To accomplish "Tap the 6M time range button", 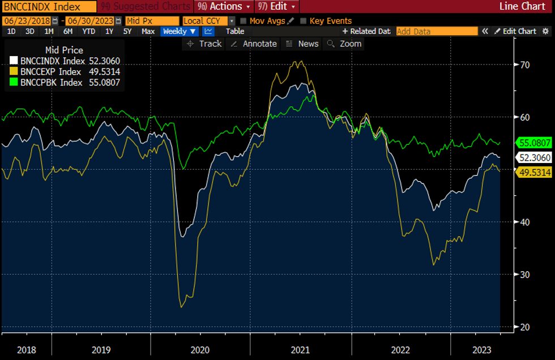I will pos(68,31).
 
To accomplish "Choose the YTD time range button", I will pos(88,31).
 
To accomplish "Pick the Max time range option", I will pos(148,31).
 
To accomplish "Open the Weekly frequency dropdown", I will pos(180,31).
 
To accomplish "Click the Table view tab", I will pos(235,31).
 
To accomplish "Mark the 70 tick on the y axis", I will pos(524,65).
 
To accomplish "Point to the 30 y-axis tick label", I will pos(524,275).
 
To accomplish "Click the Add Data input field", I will pos(437,31).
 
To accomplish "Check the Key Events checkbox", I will pos(304,21).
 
